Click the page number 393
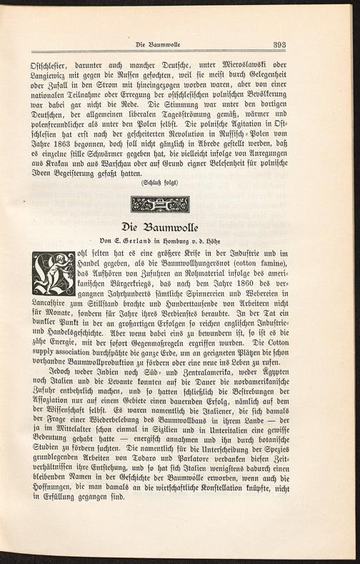tap(279, 45)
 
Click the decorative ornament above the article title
tap(160, 204)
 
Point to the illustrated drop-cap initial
tap(54, 273)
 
